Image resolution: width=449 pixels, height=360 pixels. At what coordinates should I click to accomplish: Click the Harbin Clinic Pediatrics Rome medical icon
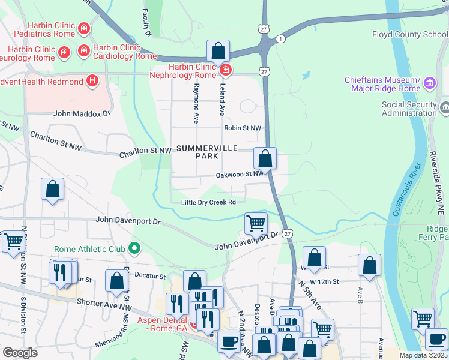85,28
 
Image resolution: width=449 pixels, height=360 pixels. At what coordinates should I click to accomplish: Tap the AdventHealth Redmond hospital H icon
92,80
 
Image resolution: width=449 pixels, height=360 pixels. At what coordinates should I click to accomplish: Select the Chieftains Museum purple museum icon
430,83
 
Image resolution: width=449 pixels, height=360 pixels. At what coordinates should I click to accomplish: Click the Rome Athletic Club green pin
135,248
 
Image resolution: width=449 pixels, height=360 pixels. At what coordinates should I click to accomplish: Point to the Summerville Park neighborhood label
206,152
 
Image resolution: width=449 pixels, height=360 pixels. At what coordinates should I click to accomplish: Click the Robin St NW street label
243,128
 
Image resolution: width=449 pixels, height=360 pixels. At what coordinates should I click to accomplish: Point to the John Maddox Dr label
82,113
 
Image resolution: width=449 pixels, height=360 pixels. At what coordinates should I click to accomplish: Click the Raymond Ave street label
196,104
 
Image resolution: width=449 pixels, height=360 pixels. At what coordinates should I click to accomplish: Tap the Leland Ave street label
221,101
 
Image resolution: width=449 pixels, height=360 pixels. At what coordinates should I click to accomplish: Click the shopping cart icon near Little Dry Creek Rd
256,224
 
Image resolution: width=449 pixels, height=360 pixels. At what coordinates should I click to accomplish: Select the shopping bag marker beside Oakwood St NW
265,159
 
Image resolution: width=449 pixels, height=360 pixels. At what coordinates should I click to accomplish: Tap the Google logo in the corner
20,353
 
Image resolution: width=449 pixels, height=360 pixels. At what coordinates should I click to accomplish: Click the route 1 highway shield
281,38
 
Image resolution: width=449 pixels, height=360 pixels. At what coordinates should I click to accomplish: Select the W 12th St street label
328,281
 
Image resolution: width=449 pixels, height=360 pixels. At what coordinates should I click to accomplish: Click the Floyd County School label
410,35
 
